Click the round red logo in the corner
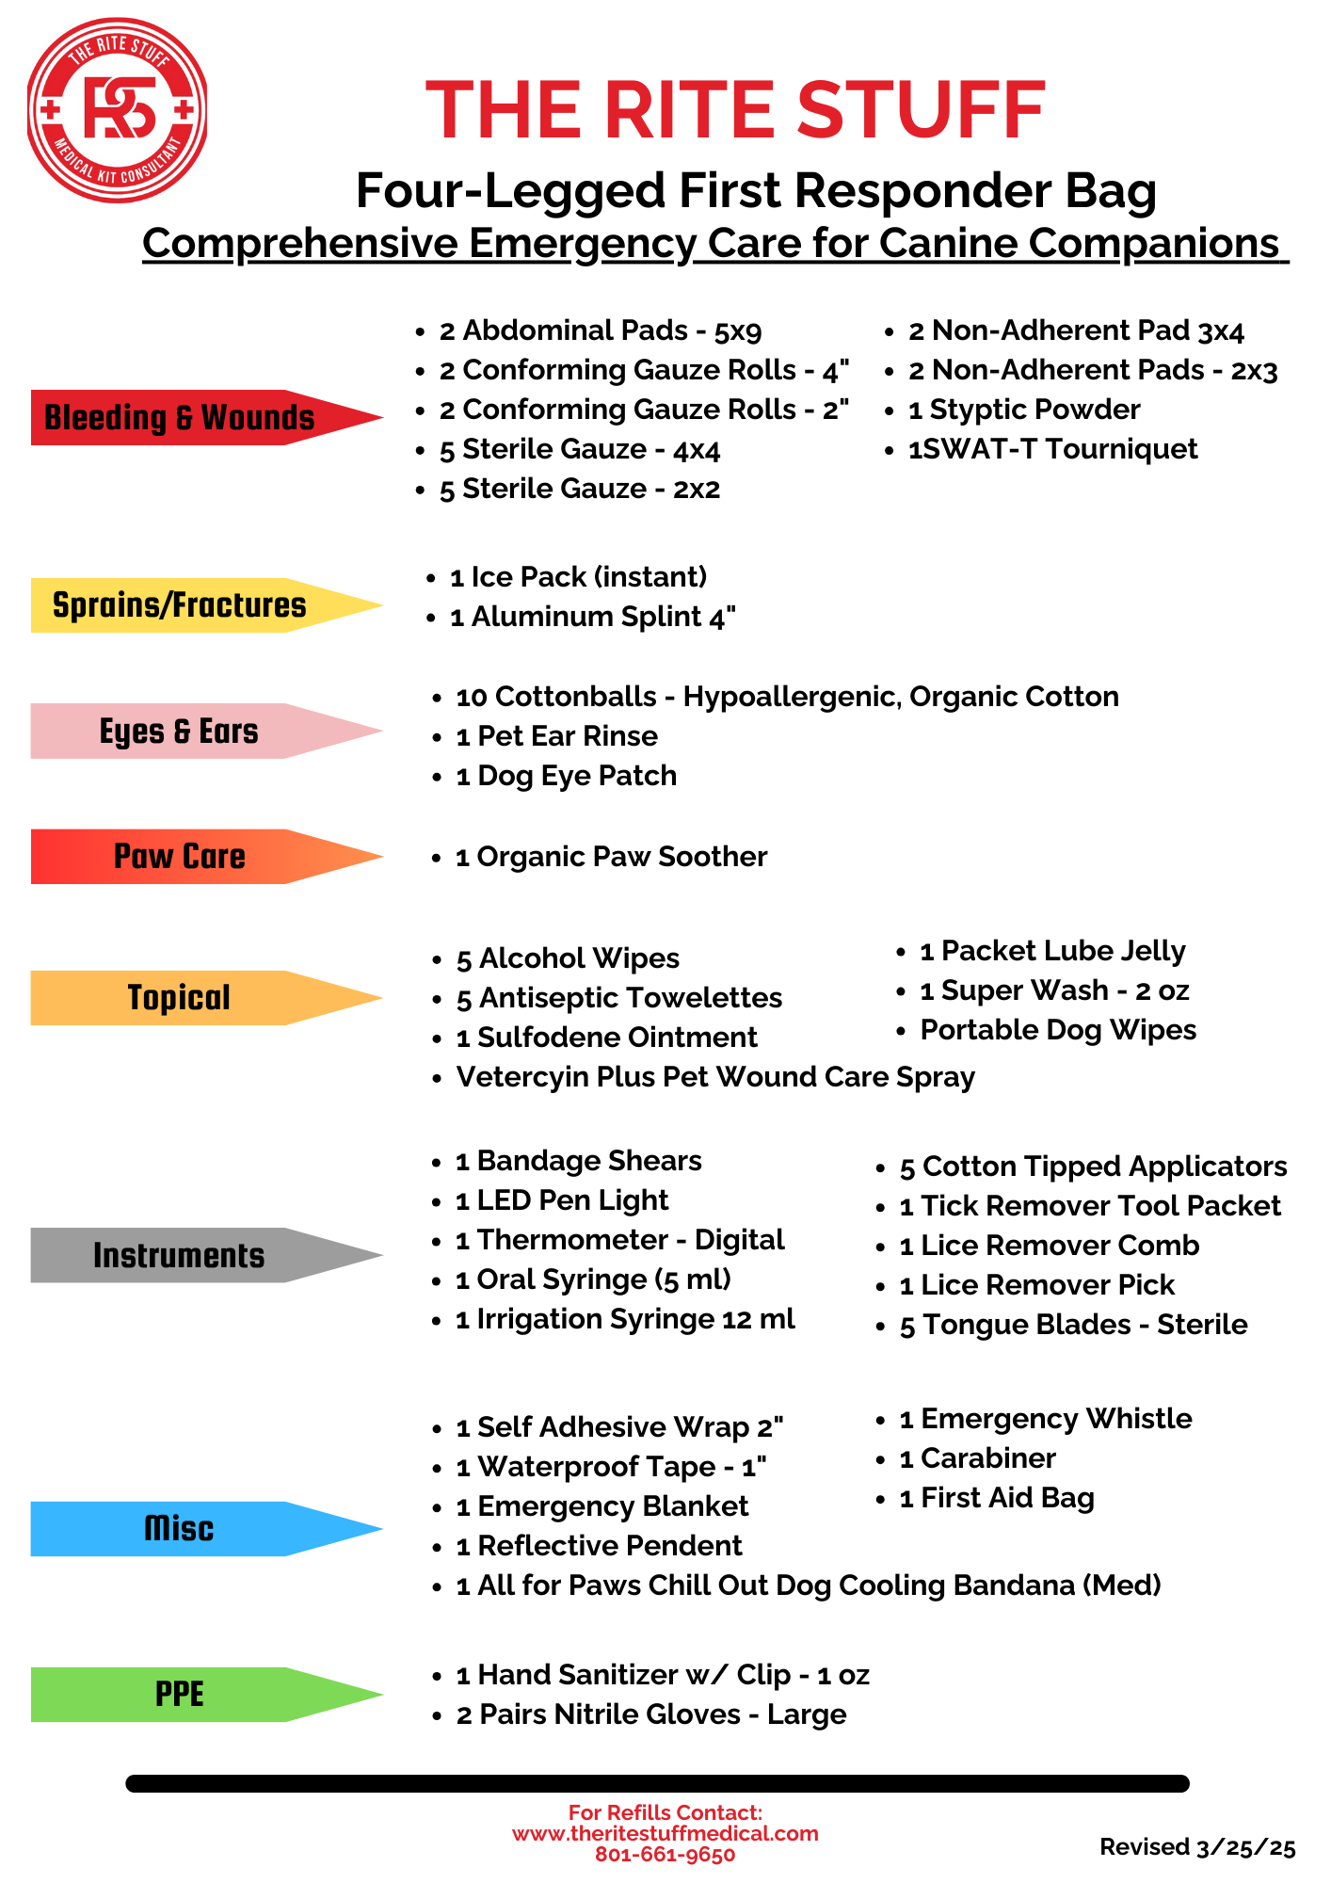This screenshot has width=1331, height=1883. pyautogui.click(x=117, y=110)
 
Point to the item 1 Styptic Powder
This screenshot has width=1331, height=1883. pyautogui.click(x=1024, y=410)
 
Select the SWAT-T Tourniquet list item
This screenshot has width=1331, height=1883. pyautogui.click(x=1052, y=449)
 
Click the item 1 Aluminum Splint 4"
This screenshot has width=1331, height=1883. pyautogui.click(x=593, y=617)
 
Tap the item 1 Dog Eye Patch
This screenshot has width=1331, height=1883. pyautogui.click(x=567, y=776)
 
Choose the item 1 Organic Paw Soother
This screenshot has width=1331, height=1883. pyautogui.click(x=612, y=857)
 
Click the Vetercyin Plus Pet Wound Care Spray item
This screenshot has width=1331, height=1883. pyautogui.click(x=715, y=1077)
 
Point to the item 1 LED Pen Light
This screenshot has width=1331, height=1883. pyautogui.click(x=562, y=1200)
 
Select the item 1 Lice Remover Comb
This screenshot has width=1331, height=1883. pyautogui.click(x=1050, y=1246)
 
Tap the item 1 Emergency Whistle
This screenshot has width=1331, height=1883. pyautogui.click(x=1046, y=1419)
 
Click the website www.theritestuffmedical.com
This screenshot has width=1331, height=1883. pyautogui.click(x=665, y=1833)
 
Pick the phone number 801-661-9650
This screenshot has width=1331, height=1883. pyautogui.click(x=665, y=1855)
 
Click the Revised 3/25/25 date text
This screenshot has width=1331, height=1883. pyautogui.click(x=1197, y=1847)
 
